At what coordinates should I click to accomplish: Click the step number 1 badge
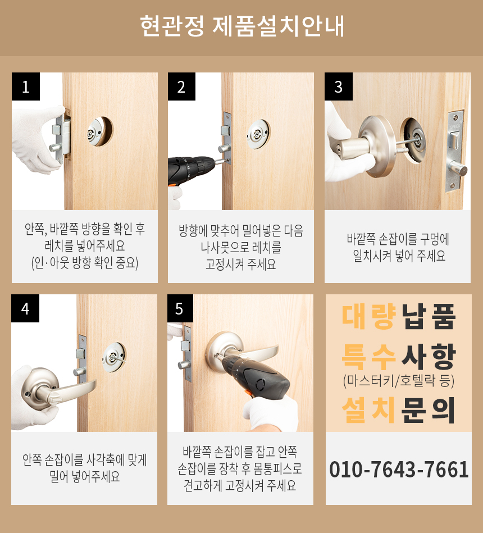(x=26, y=86)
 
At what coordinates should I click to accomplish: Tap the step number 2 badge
(x=181, y=86)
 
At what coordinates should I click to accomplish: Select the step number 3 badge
(x=339, y=86)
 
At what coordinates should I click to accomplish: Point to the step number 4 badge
(x=25, y=308)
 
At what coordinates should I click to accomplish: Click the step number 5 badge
(x=180, y=308)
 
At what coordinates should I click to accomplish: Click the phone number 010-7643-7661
(x=399, y=470)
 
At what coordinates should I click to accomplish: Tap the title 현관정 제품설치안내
(x=242, y=26)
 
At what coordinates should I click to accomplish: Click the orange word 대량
(x=369, y=316)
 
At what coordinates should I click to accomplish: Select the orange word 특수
(x=369, y=356)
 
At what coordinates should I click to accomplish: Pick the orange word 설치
(x=369, y=410)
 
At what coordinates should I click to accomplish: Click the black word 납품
(x=429, y=316)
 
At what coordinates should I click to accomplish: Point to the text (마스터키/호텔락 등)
(x=399, y=381)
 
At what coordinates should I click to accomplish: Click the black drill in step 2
(x=192, y=171)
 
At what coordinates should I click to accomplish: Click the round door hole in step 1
(x=99, y=131)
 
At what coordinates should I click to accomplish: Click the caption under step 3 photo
(x=398, y=247)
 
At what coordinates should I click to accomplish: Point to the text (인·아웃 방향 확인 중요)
(x=85, y=263)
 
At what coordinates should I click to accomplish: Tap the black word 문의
(x=429, y=410)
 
